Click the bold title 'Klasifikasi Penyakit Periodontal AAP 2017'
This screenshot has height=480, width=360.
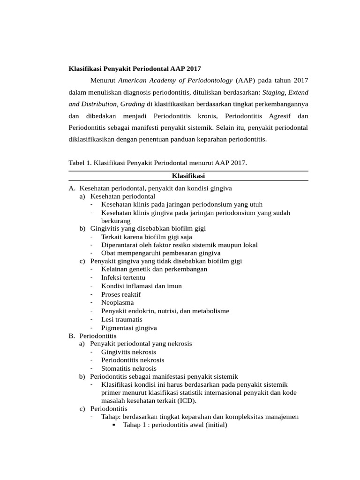point(135,68)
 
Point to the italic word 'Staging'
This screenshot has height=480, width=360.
point(273,92)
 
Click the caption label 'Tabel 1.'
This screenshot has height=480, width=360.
point(80,163)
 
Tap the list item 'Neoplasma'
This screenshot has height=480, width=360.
point(117,303)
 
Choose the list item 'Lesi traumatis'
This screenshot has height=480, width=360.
point(121,319)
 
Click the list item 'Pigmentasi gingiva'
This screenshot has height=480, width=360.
point(129,328)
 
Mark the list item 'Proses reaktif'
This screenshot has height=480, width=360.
point(120,294)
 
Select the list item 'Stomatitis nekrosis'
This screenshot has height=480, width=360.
point(129,368)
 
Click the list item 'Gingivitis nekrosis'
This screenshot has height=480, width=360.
point(128,352)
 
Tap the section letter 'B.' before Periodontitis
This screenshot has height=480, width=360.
point(72,336)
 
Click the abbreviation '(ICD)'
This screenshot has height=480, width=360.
point(187,400)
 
